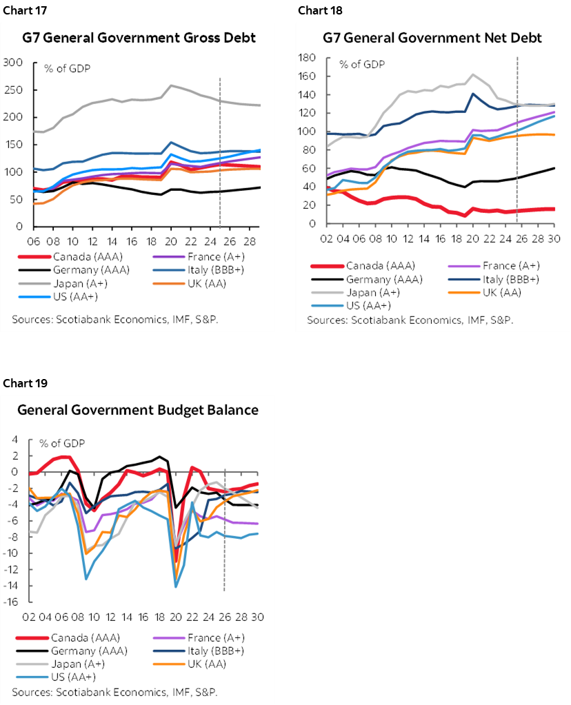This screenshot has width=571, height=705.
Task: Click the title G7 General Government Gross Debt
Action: click(x=138, y=37)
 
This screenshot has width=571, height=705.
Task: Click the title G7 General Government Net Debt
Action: click(x=432, y=37)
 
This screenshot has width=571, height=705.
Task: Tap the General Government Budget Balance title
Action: click(x=138, y=410)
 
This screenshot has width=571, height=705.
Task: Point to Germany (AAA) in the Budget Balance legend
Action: click(x=87, y=651)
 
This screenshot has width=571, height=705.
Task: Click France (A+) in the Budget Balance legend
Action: click(x=213, y=637)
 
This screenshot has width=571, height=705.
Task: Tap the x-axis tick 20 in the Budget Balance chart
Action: click(x=176, y=617)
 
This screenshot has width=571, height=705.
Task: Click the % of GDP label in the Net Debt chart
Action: click(x=361, y=65)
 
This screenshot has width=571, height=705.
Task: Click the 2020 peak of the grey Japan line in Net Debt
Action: click(x=473, y=74)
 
